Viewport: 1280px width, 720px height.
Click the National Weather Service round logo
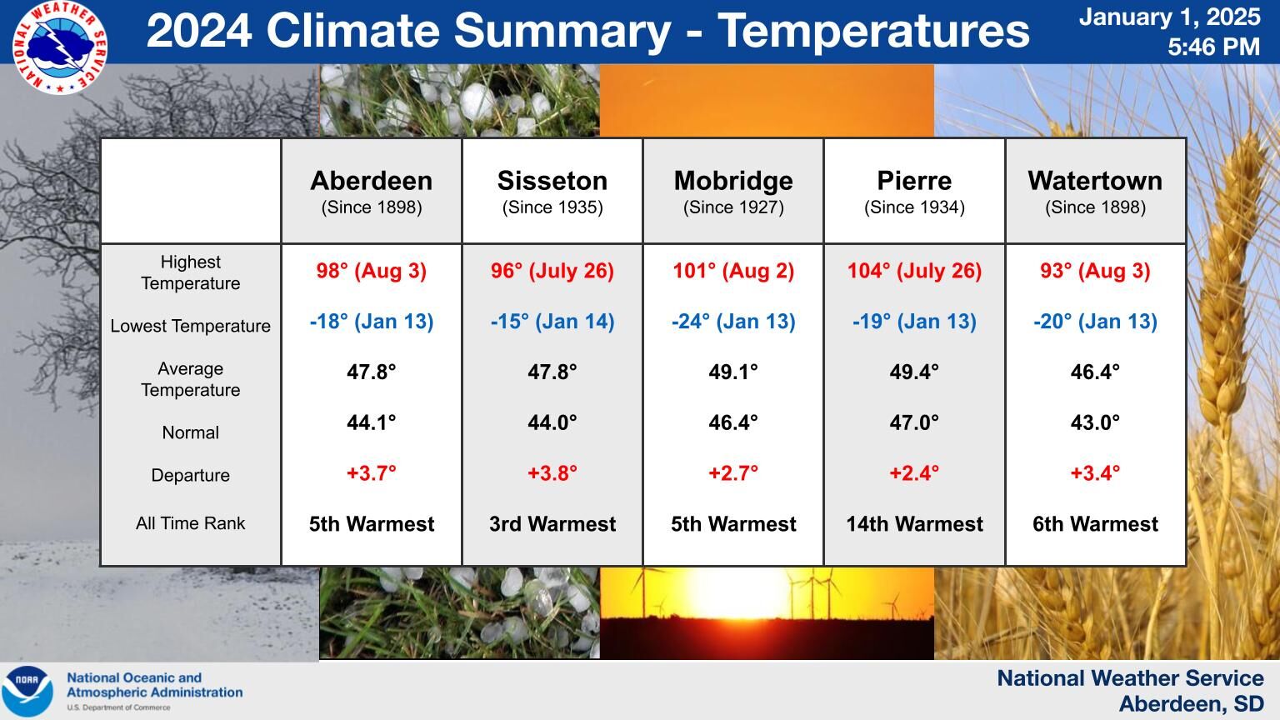[x=59, y=47]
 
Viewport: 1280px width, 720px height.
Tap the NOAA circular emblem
[x=27, y=691]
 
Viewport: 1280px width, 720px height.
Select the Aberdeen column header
[x=372, y=181]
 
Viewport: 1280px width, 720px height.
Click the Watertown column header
[x=1095, y=181]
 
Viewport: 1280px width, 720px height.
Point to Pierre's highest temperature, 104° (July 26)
[x=914, y=270]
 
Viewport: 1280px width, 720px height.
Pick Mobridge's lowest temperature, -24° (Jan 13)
[x=733, y=321]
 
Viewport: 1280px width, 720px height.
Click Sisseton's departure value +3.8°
[x=552, y=473]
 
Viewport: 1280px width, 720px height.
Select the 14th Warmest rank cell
[x=914, y=523]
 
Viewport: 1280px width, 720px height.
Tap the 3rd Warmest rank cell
[x=552, y=523]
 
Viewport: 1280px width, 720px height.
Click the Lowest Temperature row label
[x=190, y=326]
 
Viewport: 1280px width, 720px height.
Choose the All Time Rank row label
[x=190, y=522]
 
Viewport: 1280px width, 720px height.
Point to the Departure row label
[x=190, y=475]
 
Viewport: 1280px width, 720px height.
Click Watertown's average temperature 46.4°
[x=1095, y=372]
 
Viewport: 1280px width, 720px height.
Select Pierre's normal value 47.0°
[x=914, y=422]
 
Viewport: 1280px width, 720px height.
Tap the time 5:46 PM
[x=1213, y=47]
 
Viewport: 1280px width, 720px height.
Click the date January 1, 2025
[x=1170, y=17]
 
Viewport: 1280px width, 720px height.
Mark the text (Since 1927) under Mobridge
[x=733, y=207]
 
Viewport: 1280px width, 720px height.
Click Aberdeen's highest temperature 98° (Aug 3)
[x=372, y=270]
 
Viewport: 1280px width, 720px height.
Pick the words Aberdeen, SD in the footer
[x=1191, y=703]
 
